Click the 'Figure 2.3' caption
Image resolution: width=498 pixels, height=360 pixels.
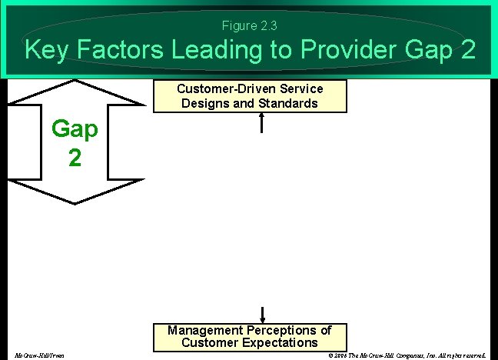coord(250,26)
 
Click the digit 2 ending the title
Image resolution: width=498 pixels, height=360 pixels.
coord(467,51)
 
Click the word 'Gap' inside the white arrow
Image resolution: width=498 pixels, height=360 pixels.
coord(75,129)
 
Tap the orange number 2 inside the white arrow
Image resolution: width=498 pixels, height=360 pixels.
coord(75,158)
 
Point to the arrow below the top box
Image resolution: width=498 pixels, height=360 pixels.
coord(263,122)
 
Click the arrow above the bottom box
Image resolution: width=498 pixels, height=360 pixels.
coord(263,313)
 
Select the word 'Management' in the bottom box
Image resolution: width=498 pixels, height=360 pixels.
coord(204,330)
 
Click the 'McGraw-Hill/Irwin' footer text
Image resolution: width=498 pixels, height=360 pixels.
coord(39,355)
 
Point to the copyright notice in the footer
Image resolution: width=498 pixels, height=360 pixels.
coord(407,355)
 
